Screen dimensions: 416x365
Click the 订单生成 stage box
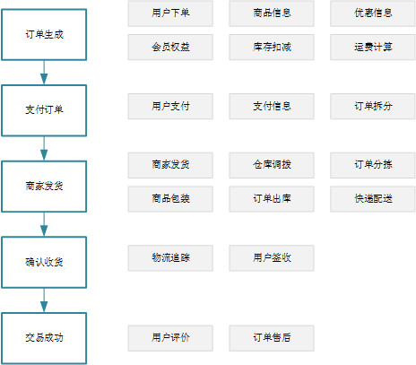[44, 35]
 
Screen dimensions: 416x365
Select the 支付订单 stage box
[44, 110]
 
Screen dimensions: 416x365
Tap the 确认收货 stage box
[44, 262]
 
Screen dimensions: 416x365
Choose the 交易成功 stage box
[44, 338]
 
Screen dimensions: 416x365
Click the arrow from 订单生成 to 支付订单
[44, 73]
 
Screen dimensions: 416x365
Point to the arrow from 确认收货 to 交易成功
[44, 300]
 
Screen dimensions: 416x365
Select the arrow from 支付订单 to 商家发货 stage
[44, 149]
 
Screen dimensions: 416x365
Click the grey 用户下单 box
[170, 13]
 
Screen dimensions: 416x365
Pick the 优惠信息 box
[373, 13]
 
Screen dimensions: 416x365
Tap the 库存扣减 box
[272, 48]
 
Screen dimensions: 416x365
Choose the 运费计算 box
[373, 48]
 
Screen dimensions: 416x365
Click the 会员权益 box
[170, 48]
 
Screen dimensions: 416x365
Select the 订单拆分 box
[373, 107]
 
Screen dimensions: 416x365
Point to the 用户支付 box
[170, 107]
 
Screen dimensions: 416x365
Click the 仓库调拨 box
[272, 165]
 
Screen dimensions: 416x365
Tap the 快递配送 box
[373, 199]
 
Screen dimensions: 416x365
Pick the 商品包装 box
[170, 199]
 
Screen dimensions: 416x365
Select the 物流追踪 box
[170, 258]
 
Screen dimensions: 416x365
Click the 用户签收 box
[272, 258]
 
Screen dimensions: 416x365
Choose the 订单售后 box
[272, 338]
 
